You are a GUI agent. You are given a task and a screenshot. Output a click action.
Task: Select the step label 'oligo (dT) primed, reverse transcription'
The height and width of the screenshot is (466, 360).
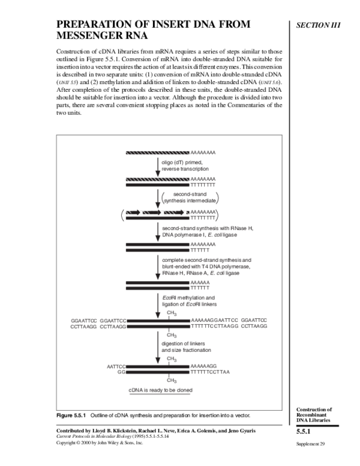[184, 165]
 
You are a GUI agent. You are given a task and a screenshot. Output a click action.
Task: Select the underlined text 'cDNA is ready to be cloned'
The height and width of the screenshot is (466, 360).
[162, 390]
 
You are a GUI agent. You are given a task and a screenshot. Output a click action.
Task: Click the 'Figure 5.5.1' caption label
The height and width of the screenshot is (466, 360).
[71, 416]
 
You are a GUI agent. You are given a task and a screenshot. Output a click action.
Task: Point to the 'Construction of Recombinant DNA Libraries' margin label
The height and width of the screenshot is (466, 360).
[316, 414]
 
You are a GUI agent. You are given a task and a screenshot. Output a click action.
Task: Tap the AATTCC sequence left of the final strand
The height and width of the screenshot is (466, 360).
[116, 366]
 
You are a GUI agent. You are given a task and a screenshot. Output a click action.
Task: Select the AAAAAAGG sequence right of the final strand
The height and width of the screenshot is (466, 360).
[203, 366]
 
